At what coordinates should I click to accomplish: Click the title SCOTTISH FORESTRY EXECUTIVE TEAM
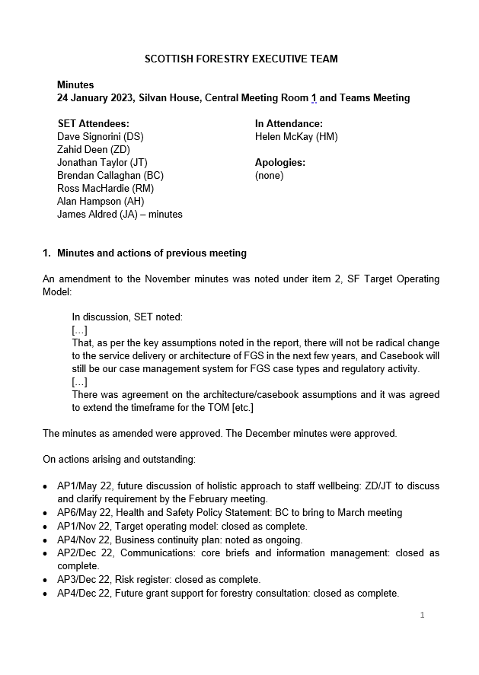[241, 59]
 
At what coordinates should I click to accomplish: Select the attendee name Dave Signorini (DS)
[101, 137]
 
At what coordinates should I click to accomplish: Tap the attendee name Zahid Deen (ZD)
[94, 150]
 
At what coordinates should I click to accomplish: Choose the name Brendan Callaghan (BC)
[110, 175]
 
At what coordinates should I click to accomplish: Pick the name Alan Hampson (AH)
[101, 201]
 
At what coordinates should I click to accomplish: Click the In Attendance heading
[289, 124]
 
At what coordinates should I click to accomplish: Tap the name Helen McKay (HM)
[296, 137]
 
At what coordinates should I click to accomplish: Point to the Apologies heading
[279, 163]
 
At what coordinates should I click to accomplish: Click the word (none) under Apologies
[269, 175]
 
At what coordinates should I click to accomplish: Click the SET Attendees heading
[94, 124]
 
